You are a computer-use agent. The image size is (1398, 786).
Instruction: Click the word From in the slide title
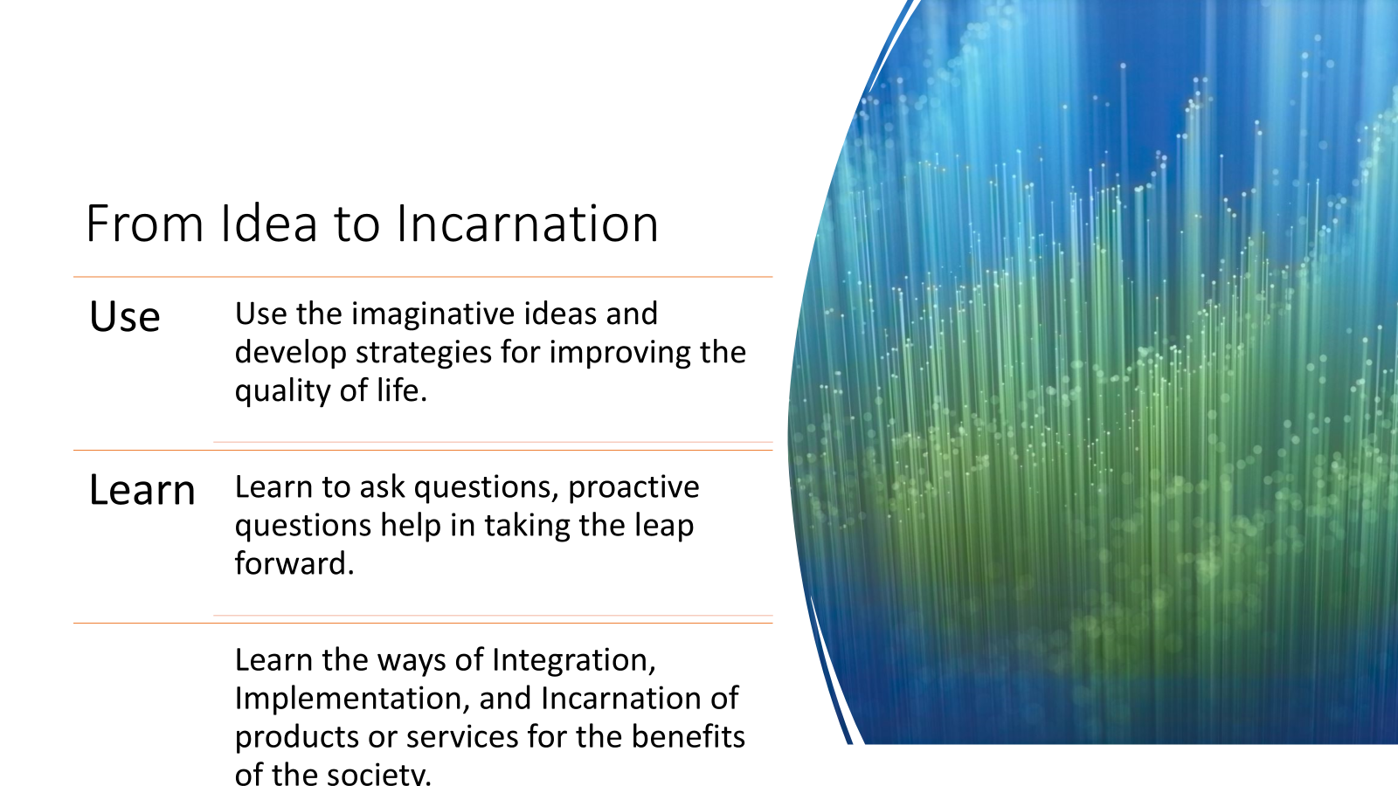click(145, 224)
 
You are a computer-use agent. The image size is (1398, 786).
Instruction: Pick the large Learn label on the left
click(142, 489)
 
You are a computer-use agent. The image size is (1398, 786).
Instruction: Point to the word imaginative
click(429, 314)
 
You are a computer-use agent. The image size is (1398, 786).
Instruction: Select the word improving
click(619, 353)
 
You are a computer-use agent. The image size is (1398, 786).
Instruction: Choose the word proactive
click(633, 488)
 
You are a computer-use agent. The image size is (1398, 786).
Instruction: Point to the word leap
click(664, 527)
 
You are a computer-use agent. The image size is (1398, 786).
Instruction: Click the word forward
click(294, 563)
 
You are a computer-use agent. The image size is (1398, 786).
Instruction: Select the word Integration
click(574, 661)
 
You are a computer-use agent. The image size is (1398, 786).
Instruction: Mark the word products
click(296, 737)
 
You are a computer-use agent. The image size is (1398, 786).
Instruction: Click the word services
click(462, 737)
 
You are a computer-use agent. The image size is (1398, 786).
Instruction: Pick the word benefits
click(689, 737)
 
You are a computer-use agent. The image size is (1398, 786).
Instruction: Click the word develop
click(291, 353)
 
